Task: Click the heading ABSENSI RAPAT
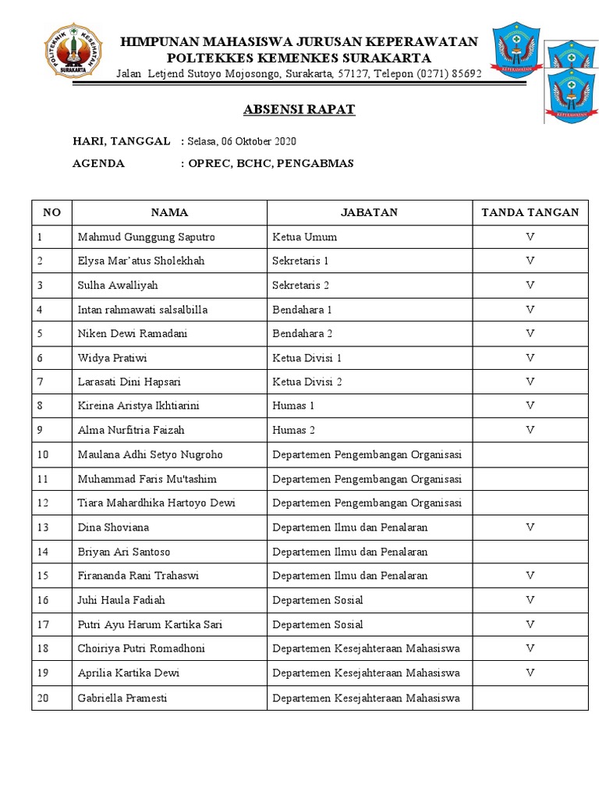pos(299,109)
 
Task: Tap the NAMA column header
pos(169,212)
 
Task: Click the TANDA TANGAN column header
pos(530,212)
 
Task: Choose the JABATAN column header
pos(369,212)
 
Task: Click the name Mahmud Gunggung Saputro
pos(146,236)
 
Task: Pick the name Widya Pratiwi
pos(112,358)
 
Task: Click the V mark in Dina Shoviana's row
pos(530,527)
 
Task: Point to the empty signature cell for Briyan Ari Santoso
pos(530,552)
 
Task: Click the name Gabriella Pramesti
pos(122,698)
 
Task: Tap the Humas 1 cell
pos(293,406)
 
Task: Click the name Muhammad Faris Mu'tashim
pos(147,479)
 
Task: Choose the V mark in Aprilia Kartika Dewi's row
pos(530,673)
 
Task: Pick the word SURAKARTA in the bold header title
pos(382,58)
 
